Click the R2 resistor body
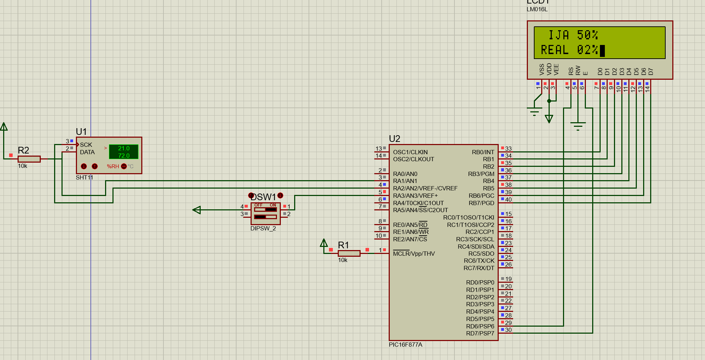click(29, 159)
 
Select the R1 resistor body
click(349, 253)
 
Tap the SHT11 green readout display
click(124, 152)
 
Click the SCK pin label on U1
click(86, 145)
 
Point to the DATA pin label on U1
click(87, 152)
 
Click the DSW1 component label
click(263, 197)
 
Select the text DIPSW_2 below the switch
click(263, 228)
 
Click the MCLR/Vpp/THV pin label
click(414, 254)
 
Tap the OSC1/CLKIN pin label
click(410, 152)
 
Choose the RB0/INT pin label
click(483, 152)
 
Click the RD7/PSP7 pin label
click(480, 333)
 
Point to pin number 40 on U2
click(509, 199)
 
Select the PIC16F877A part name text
click(406, 345)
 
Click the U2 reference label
click(395, 139)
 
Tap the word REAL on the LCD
click(555, 50)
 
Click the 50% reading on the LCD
click(587, 35)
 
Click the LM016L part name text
click(537, 9)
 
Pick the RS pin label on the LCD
click(571, 71)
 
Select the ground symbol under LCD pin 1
click(534, 112)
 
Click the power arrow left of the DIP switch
click(197, 210)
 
